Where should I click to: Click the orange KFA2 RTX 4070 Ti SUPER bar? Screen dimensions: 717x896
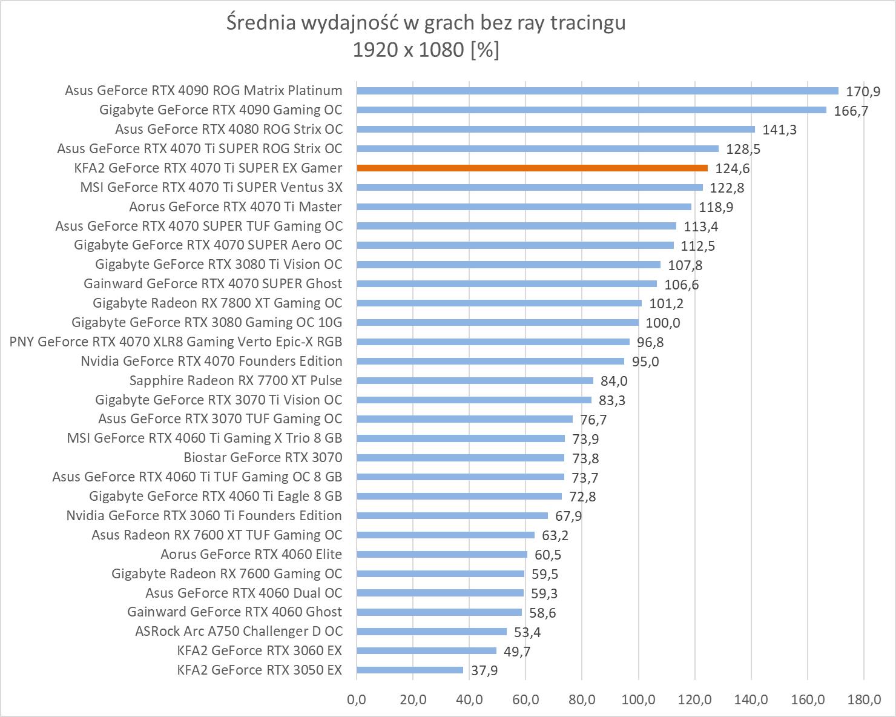(532, 168)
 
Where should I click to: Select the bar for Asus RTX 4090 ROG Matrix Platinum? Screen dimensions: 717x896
(597, 91)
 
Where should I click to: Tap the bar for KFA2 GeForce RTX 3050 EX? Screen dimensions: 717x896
(410, 670)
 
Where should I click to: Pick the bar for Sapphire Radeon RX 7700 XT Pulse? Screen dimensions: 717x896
(475, 380)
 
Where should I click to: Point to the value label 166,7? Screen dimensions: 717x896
(851, 111)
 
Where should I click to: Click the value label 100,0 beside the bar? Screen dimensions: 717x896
(663, 323)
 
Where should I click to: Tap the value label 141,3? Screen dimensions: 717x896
(780, 130)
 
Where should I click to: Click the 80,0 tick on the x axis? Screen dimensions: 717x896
(582, 700)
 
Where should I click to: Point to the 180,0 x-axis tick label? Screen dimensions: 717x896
(864, 700)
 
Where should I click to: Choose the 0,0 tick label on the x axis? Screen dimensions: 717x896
(357, 700)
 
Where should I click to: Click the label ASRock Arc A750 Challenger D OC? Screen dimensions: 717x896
(239, 631)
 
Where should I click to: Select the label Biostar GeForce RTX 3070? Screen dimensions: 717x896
(263, 457)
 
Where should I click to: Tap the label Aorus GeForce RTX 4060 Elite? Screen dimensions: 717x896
(251, 554)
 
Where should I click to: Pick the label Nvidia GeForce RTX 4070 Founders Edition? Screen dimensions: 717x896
(211, 361)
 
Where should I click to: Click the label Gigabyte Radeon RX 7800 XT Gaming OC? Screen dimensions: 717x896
(217, 303)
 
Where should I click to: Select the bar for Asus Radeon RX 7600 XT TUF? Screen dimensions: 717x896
(446, 535)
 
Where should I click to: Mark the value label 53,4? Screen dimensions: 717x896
(527, 633)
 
